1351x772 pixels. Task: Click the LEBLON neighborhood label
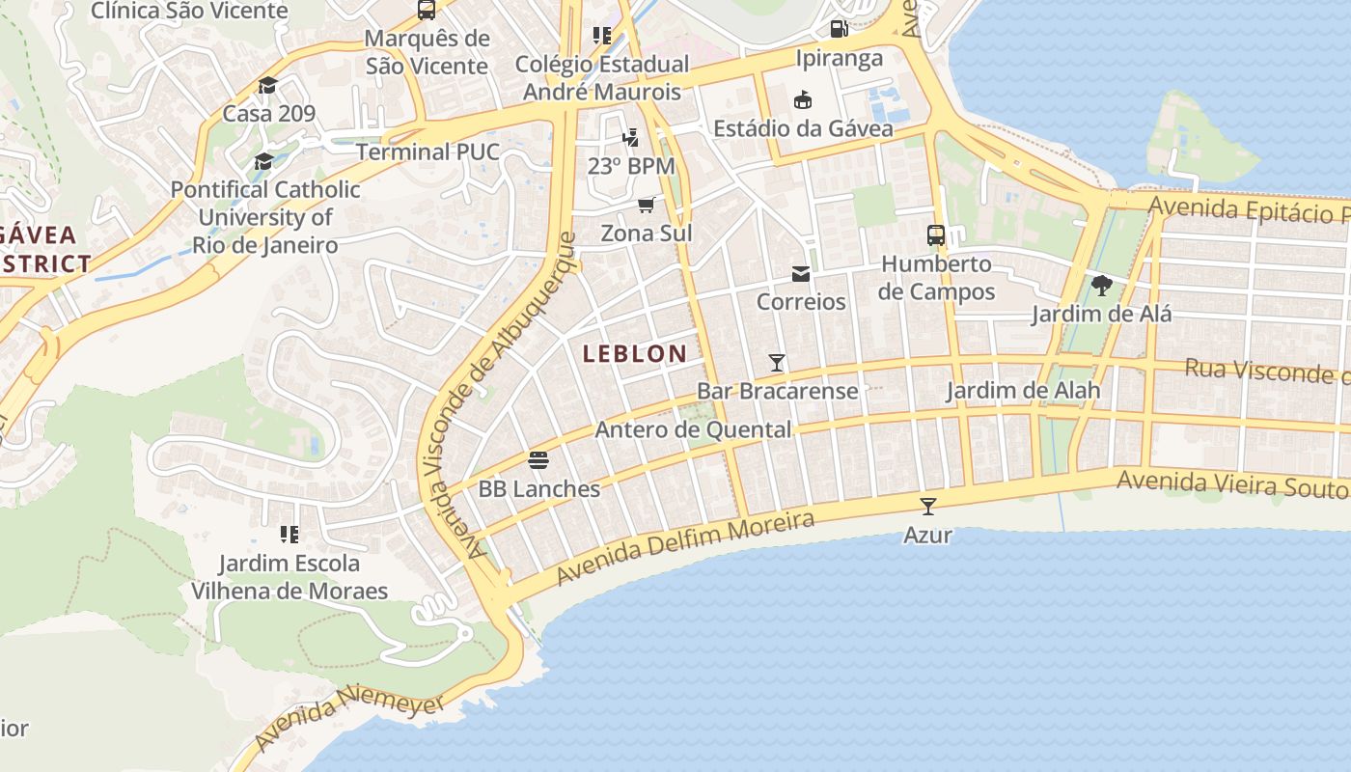click(635, 354)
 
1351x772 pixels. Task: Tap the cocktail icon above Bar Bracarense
click(777, 363)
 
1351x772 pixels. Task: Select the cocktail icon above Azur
click(928, 506)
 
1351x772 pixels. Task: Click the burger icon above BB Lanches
click(538, 460)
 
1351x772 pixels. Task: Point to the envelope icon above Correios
click(801, 274)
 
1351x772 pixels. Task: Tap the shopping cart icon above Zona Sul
click(646, 205)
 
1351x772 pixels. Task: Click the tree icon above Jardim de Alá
click(1101, 286)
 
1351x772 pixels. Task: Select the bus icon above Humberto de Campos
click(935, 234)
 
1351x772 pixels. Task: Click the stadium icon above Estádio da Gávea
click(802, 99)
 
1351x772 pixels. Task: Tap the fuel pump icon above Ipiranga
click(839, 29)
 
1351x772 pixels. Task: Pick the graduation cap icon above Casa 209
click(267, 85)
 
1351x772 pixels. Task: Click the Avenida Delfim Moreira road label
click(686, 547)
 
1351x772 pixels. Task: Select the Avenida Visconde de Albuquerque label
click(500, 396)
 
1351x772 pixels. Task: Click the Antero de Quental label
click(693, 429)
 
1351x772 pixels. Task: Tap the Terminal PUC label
click(427, 152)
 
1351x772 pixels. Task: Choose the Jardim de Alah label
click(1023, 391)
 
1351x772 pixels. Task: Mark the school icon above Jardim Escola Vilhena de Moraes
click(289, 534)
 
